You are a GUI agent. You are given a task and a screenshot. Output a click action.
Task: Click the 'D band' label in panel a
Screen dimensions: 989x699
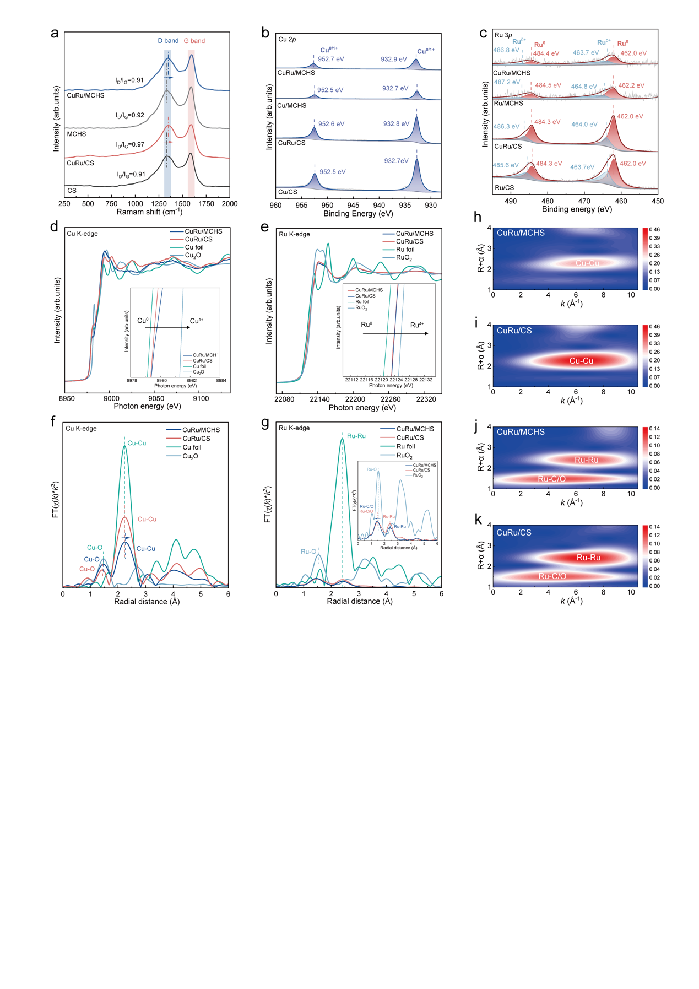[168, 41]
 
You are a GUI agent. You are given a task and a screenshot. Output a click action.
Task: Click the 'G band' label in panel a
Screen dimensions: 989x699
[194, 41]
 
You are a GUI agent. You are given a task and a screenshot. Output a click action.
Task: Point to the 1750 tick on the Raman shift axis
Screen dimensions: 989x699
[206, 204]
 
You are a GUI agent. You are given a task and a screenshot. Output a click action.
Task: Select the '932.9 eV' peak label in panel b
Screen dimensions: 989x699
[394, 59]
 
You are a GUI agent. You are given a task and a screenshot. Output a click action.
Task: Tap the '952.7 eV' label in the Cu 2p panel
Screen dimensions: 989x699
[331, 59]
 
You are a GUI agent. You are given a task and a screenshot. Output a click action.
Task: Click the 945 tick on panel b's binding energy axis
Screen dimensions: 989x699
[353, 206]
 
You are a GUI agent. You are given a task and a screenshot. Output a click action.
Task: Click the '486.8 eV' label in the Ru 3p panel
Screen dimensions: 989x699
[506, 50]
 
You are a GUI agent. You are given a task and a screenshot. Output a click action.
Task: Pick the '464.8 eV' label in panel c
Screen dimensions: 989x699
[584, 87]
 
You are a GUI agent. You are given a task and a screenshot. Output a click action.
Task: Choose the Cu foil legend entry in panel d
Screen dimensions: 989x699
[194, 247]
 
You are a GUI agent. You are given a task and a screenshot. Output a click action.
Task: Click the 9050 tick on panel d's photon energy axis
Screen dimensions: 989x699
[156, 398]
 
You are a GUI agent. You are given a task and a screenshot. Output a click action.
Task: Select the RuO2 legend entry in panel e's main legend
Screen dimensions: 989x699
[404, 258]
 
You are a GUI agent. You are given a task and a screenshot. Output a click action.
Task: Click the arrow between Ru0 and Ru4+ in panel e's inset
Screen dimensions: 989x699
[395, 333]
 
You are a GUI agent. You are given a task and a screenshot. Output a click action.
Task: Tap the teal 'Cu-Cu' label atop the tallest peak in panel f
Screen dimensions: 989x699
[137, 443]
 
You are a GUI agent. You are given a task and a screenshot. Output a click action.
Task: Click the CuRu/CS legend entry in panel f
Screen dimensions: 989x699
[196, 439]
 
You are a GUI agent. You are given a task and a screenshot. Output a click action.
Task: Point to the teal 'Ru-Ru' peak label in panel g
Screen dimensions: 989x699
[356, 436]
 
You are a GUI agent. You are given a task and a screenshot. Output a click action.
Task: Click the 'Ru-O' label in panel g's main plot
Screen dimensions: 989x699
[308, 552]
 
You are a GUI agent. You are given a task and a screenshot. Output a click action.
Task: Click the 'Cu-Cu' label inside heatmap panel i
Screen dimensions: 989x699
[581, 361]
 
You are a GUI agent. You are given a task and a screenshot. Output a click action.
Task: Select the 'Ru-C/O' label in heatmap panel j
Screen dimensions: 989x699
[551, 479]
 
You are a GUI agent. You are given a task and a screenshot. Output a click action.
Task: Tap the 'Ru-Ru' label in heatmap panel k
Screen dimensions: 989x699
[588, 558]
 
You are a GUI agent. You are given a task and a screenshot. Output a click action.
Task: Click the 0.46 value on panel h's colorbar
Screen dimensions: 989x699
[654, 230]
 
